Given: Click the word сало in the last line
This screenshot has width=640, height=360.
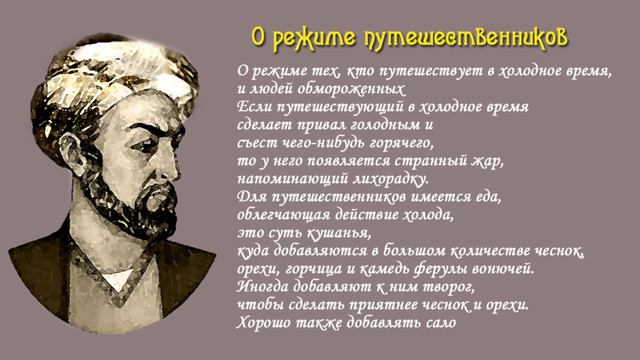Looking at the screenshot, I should coord(438,322).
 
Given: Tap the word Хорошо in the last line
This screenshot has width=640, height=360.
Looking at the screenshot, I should coord(263,322).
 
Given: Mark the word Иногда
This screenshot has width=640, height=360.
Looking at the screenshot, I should coord(263,286).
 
